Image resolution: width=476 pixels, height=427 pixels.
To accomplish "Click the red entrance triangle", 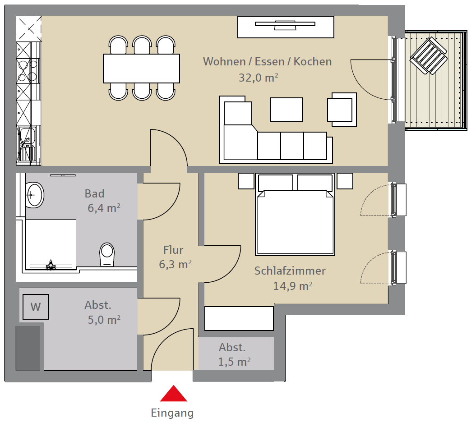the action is pyautogui.click(x=173, y=394).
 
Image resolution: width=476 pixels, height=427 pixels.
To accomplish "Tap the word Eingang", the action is pyautogui.click(x=172, y=413).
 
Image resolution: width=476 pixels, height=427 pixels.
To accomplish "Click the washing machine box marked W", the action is pyautogui.click(x=36, y=307).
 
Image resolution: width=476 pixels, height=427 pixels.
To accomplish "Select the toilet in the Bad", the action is pyautogui.click(x=107, y=254).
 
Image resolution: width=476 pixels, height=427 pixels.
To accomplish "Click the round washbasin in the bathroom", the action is pyautogui.click(x=34, y=195).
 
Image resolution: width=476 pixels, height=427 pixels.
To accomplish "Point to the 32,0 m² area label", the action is pyautogui.click(x=259, y=78).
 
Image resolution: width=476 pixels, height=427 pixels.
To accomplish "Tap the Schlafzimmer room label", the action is pyautogui.click(x=290, y=271).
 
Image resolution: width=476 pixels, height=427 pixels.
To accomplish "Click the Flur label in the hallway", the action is pyautogui.click(x=173, y=250).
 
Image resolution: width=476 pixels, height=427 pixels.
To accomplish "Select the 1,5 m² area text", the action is pyautogui.click(x=234, y=362).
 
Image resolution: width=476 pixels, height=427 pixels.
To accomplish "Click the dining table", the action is pyautogui.click(x=142, y=68).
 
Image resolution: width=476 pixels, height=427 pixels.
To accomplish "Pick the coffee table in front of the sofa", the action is pyautogui.click(x=286, y=110).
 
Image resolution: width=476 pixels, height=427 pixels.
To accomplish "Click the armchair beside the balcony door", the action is pyautogui.click(x=342, y=110).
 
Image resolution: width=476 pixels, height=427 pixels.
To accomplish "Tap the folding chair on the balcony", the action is pyautogui.click(x=429, y=55).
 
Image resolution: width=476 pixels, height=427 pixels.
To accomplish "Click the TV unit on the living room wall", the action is pyautogui.click(x=286, y=27).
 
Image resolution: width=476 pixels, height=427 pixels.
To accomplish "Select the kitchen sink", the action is pyautogui.click(x=28, y=144).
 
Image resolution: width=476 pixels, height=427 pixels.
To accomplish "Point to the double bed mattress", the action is pyautogui.click(x=295, y=222).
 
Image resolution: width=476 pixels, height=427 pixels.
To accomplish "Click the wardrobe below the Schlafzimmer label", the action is pyautogui.click(x=239, y=318).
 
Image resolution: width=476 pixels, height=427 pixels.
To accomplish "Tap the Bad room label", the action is pyautogui.click(x=94, y=193).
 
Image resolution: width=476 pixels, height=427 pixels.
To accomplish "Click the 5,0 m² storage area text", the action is pyautogui.click(x=104, y=320).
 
